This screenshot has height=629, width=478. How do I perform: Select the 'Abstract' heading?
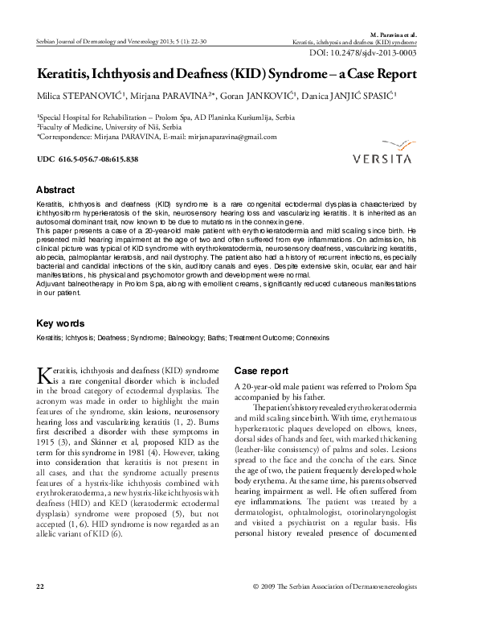55,191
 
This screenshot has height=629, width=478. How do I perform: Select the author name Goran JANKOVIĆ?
258,97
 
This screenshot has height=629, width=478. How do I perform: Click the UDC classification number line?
88,159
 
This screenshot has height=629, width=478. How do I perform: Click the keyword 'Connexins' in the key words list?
310,338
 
